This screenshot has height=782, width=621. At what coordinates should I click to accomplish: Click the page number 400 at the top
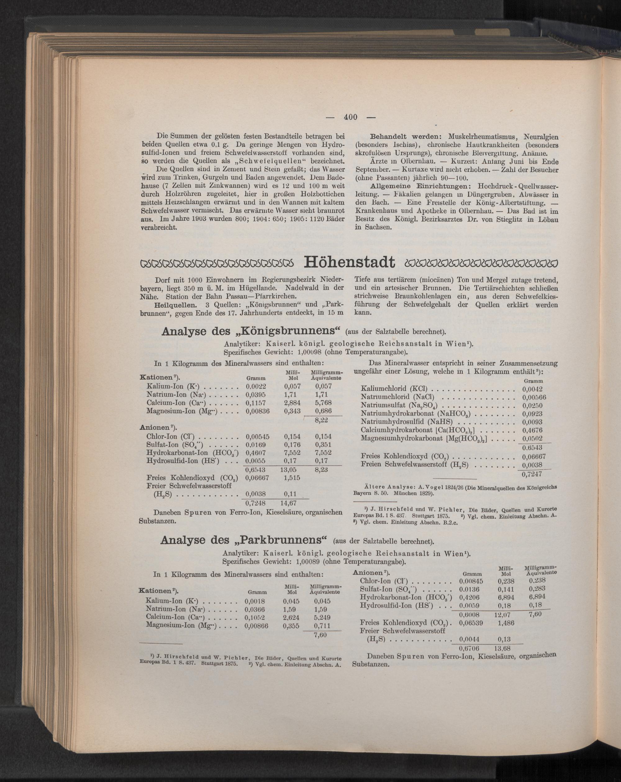click(x=351, y=117)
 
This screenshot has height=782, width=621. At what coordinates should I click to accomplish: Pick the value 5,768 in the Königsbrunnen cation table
click(x=324, y=403)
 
